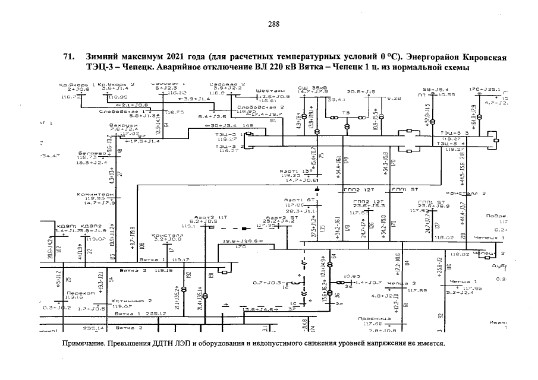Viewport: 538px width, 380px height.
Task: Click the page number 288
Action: click(273, 24)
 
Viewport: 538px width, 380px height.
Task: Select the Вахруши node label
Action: click(119, 125)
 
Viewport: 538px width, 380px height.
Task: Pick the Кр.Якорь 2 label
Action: click(116, 84)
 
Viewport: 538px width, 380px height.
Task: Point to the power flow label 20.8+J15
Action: click(361, 91)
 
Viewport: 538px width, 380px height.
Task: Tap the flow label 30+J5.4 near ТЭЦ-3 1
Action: click(224, 126)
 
